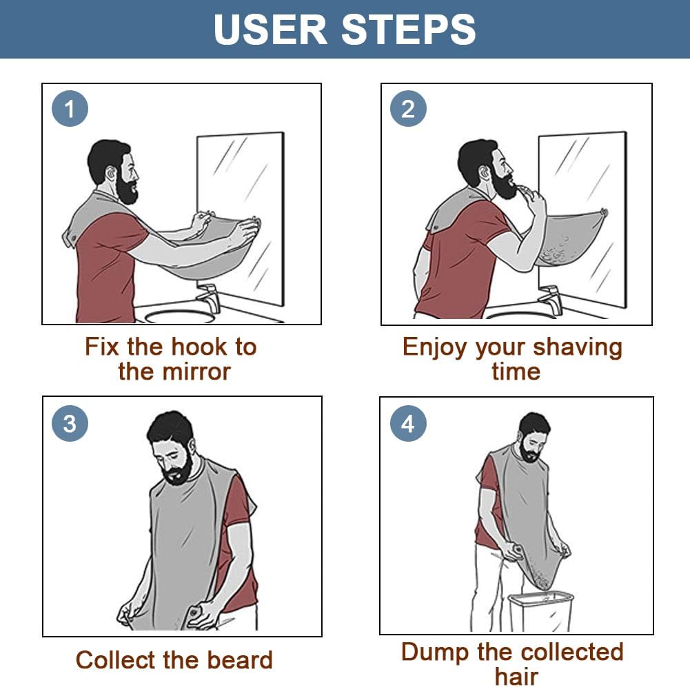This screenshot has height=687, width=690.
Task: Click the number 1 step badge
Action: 70,109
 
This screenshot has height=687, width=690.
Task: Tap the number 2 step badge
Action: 408,109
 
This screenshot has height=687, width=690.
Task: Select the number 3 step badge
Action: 70,423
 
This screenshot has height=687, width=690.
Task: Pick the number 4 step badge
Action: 408,423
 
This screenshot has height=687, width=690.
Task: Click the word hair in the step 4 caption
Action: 516,676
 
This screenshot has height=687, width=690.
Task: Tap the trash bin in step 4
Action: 540,610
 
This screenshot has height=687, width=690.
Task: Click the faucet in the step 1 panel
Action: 208,300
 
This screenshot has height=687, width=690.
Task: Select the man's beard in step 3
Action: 177,471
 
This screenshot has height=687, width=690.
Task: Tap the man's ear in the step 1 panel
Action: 110,173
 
